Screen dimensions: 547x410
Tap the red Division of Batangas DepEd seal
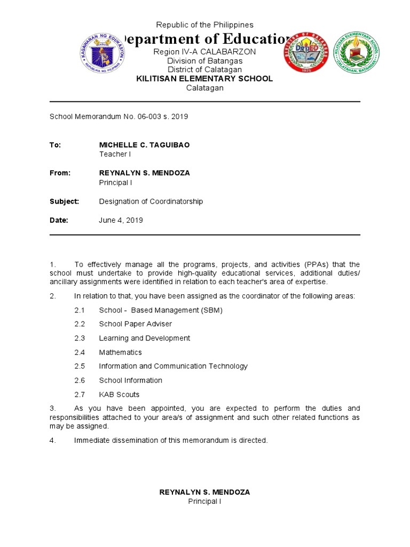pos(305,52)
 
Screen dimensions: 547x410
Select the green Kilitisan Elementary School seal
pos(357,52)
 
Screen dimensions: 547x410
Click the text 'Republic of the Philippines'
pos(204,25)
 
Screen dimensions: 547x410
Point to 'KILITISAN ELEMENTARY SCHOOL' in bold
pos(204,79)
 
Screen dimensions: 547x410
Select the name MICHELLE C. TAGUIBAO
pos(144,145)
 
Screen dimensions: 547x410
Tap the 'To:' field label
pos(56,145)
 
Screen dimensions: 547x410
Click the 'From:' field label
pos(60,173)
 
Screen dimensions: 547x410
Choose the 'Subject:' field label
pos(64,201)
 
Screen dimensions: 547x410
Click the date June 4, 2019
pos(121,220)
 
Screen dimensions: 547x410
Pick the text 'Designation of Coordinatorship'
pos(151,201)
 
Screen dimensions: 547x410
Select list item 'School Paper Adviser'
pos(135,324)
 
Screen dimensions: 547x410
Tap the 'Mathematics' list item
pos(120,353)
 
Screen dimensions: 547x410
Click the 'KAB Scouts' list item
pos(119,395)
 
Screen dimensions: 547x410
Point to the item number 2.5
pos(80,366)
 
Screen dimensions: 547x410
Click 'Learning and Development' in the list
pos(144,338)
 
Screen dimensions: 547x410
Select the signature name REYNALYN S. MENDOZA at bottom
pos(204,492)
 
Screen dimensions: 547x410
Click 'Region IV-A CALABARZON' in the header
pos(204,52)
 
